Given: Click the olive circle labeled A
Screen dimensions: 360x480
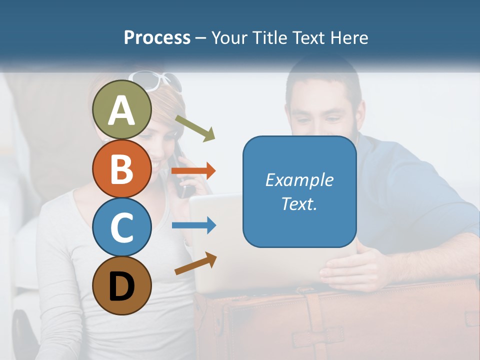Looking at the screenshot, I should tap(122, 110).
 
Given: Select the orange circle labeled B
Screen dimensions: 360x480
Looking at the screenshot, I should tap(122, 169).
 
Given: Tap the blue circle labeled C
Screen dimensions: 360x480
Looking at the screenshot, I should tap(122, 227).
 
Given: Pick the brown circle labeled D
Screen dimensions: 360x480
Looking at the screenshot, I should tap(122, 285).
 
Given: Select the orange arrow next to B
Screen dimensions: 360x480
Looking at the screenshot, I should tap(193, 171).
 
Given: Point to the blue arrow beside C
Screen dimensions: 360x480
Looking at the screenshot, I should tap(193, 225).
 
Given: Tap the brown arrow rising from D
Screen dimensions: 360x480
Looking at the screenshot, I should tap(195, 264).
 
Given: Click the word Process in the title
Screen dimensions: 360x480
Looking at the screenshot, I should tap(157, 38).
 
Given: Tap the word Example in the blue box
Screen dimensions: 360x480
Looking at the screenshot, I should tap(299, 180).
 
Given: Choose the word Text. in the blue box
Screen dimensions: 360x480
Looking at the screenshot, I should tap(299, 203).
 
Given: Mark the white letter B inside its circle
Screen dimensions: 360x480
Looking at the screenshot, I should tap(122, 169).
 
